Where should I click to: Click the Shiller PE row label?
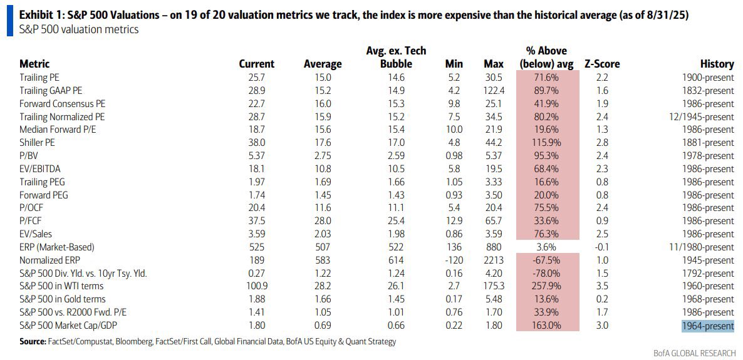[x=41, y=142]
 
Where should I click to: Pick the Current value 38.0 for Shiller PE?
[x=257, y=142]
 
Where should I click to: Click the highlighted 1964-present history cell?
[x=708, y=326]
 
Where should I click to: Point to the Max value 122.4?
[x=494, y=90]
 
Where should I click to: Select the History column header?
[x=717, y=64]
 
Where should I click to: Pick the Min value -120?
[x=454, y=260]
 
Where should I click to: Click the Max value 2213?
[x=494, y=260]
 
